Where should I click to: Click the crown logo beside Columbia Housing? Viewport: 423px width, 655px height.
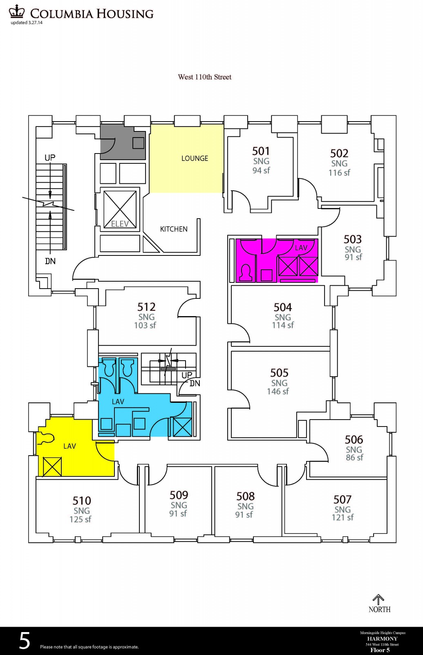click(x=18, y=12)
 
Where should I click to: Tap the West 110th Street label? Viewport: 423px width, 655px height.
click(x=205, y=77)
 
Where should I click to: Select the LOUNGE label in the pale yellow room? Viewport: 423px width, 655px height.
click(x=195, y=158)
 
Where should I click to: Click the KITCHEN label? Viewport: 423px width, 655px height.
click(x=174, y=229)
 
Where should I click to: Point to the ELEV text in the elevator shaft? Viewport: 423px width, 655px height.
click(x=120, y=224)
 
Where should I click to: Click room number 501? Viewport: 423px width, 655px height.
click(x=261, y=151)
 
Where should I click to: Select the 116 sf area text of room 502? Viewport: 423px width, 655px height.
click(x=339, y=172)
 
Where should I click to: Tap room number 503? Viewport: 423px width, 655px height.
click(x=353, y=239)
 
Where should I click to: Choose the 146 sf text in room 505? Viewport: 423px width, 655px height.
click(x=278, y=391)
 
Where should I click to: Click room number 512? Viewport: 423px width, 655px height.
click(x=147, y=307)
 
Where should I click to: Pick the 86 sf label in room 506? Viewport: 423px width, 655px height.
click(x=354, y=457)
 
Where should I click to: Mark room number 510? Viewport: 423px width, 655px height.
click(x=82, y=501)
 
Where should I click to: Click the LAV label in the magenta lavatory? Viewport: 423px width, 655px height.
click(x=301, y=248)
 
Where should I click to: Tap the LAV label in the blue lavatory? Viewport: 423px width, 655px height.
click(x=118, y=402)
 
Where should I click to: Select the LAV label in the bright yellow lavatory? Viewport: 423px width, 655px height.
click(x=70, y=446)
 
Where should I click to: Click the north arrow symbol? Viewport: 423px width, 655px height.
click(x=378, y=599)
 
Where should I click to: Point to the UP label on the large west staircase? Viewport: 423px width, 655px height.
click(x=50, y=158)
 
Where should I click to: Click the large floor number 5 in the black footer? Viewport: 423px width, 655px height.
click(x=25, y=640)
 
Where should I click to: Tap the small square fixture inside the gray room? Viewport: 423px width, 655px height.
click(x=138, y=143)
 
